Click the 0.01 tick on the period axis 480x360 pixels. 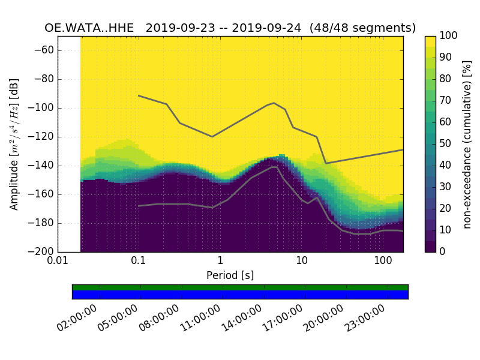point(58,262)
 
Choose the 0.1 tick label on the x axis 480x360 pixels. point(139,262)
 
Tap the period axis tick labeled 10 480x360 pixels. point(302,262)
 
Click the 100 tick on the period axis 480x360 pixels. point(383,262)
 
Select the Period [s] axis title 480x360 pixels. point(230,276)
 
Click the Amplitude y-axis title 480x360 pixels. point(14,144)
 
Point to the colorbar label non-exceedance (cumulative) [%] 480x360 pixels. point(467,144)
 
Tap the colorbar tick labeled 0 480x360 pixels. point(442,251)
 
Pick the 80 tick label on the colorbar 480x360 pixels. point(445,79)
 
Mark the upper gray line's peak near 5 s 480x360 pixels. point(274,103)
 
